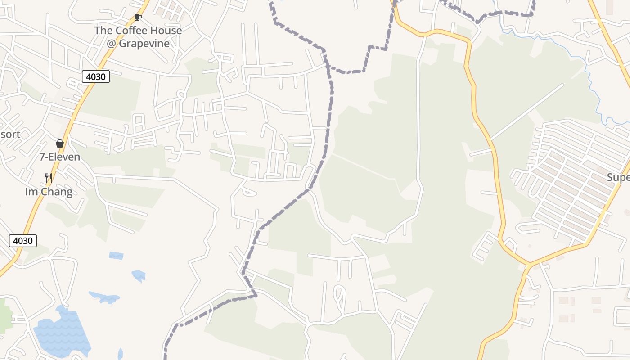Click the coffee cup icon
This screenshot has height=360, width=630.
pyautogui.click(x=138, y=18)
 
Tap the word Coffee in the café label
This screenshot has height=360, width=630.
pyautogui.click(x=131, y=31)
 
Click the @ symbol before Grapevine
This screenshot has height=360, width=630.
pyautogui.click(x=111, y=44)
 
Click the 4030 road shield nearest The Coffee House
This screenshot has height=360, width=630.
pyautogui.click(x=96, y=76)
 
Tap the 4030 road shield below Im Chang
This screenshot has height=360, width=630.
pyautogui.click(x=23, y=241)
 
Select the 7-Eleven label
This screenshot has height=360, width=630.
pyautogui.click(x=60, y=157)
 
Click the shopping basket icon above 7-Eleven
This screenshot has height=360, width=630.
pyautogui.click(x=60, y=144)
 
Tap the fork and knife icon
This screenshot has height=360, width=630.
pyautogui.click(x=49, y=178)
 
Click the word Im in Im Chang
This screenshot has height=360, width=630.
pyautogui.click(x=31, y=192)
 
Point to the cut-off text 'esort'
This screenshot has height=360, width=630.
pyautogui.click(x=9, y=134)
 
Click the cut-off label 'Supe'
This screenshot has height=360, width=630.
pyautogui.click(x=618, y=177)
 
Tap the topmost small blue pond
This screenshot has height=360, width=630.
pyautogui.click(x=116, y=256)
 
